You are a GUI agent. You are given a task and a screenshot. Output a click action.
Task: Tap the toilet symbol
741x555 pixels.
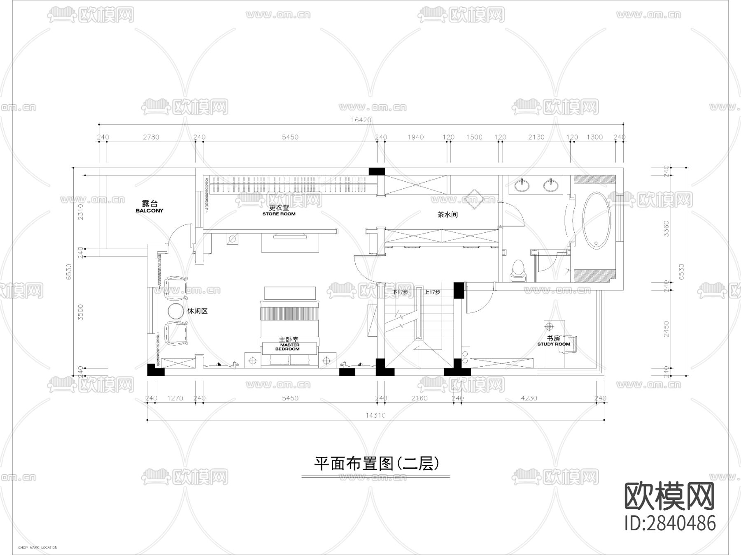[518, 271]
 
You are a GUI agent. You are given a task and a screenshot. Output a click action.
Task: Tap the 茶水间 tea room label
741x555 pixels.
[447, 215]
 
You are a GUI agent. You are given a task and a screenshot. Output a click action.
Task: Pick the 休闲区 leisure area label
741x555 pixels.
[198, 311]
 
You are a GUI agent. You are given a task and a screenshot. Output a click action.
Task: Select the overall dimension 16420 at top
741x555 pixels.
[361, 120]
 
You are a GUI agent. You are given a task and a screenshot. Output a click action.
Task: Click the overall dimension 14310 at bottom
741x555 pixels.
[375, 415]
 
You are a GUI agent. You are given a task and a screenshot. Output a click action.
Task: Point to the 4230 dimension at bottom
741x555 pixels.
[529, 398]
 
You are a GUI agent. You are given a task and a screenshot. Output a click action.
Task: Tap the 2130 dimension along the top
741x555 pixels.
[536, 137]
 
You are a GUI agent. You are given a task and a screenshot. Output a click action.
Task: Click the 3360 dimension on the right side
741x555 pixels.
[666, 228]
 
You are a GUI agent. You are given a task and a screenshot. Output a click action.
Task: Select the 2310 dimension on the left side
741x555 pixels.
[81, 212]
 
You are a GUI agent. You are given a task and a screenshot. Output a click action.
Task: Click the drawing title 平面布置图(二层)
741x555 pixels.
[376, 463]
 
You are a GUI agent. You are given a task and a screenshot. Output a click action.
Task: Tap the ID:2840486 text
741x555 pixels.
[670, 523]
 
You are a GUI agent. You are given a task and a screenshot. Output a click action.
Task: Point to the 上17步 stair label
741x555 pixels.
[432, 292]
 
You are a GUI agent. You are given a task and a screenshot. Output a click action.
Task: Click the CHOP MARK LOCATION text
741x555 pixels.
[38, 548]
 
